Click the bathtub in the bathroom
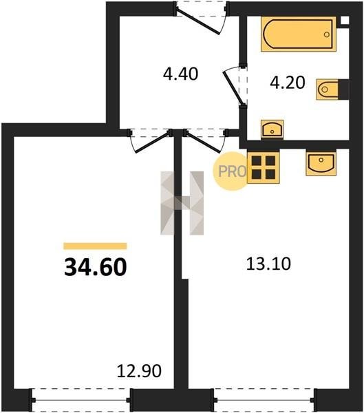coord(299,34)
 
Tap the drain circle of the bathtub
coord(327,34)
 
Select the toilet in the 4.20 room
coord(332,89)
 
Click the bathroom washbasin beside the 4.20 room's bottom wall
coord(272,129)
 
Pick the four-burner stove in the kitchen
coord(263,167)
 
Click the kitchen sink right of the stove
coord(321,162)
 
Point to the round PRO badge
coord(231,171)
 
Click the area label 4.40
coord(180,74)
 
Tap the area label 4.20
coord(288,82)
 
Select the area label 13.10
coord(268,264)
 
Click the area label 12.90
coord(139,371)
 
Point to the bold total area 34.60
coord(96,267)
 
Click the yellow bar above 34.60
coord(95,246)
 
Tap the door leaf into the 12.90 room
coord(152,142)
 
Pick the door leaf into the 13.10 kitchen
coord(203,142)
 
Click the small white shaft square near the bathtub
coord(345,20)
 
